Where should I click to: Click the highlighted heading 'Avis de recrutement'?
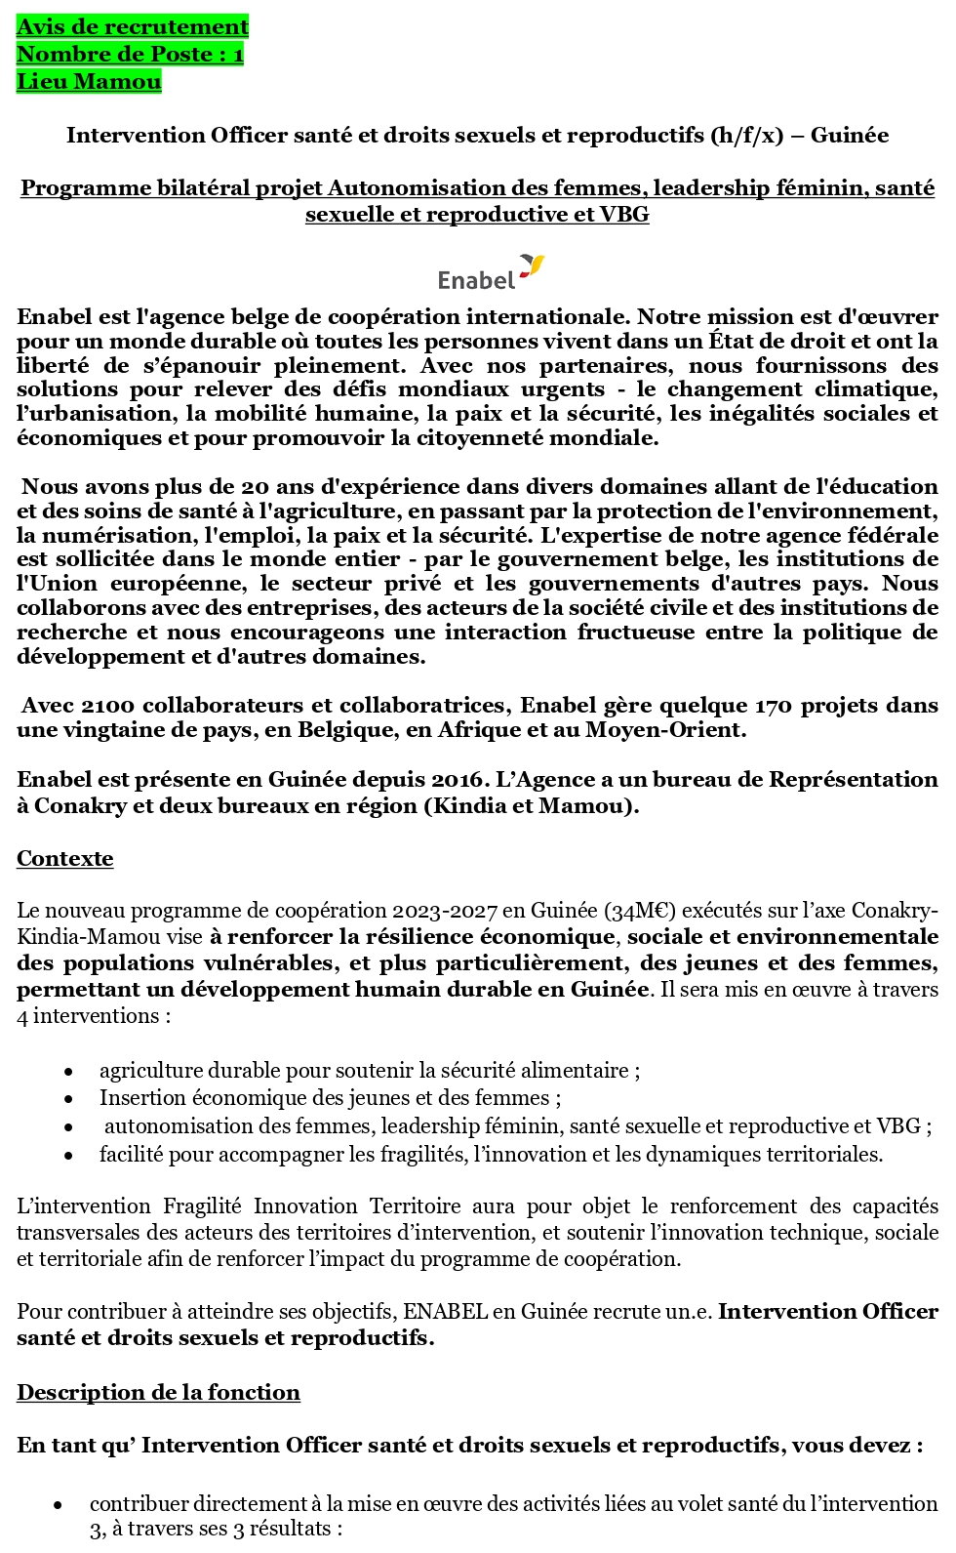[133, 26]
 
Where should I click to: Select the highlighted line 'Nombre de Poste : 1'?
[130, 54]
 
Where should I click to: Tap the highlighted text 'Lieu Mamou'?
[89, 81]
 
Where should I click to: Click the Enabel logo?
[490, 272]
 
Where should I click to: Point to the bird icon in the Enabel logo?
[531, 265]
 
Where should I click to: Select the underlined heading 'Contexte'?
[64, 858]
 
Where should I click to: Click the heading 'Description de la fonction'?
[158, 1392]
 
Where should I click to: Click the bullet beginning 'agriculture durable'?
[369, 1070]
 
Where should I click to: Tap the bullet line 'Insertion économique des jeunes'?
[330, 1097]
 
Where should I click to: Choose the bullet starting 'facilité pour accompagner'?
[491, 1154]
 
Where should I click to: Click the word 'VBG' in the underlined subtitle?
[625, 214]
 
